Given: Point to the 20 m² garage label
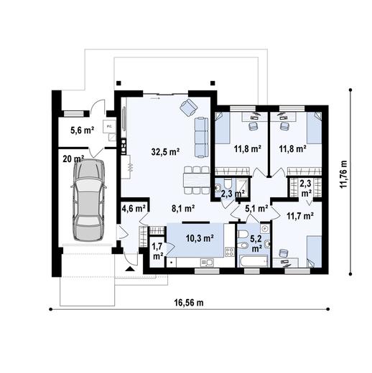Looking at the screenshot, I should click(73, 159).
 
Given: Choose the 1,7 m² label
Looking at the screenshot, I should click(157, 250).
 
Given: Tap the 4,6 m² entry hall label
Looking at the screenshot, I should click(134, 209).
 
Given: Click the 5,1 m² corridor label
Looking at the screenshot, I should click(256, 209).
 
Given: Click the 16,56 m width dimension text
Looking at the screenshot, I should click(188, 303).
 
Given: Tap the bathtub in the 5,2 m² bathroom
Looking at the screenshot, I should click(251, 263).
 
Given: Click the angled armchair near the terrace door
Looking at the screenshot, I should click(189, 108).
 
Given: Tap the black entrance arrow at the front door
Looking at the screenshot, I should click(129, 269).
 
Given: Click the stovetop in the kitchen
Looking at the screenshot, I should click(230, 252).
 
